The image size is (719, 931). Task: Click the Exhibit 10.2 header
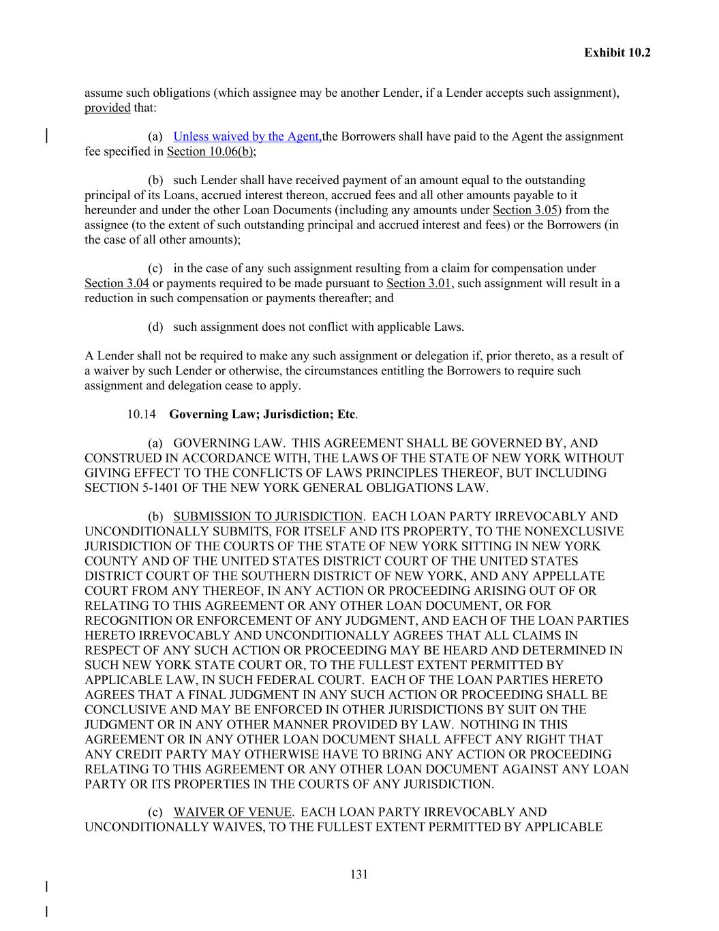tap(617, 53)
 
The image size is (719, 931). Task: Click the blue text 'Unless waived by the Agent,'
tap(247, 136)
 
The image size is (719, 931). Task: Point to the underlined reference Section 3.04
tap(117, 284)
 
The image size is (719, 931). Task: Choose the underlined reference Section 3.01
tap(418, 284)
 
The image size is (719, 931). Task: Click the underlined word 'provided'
tap(107, 108)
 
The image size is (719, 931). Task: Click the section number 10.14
tap(141, 414)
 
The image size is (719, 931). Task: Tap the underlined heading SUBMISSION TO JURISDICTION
tap(268, 517)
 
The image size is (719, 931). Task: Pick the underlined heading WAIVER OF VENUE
tap(232, 812)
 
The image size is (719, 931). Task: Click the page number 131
tap(359, 875)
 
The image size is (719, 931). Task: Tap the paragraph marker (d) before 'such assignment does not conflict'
tap(155, 327)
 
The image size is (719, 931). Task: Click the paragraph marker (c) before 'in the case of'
tap(155, 269)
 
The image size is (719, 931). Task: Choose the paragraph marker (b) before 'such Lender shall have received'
tap(155, 181)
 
